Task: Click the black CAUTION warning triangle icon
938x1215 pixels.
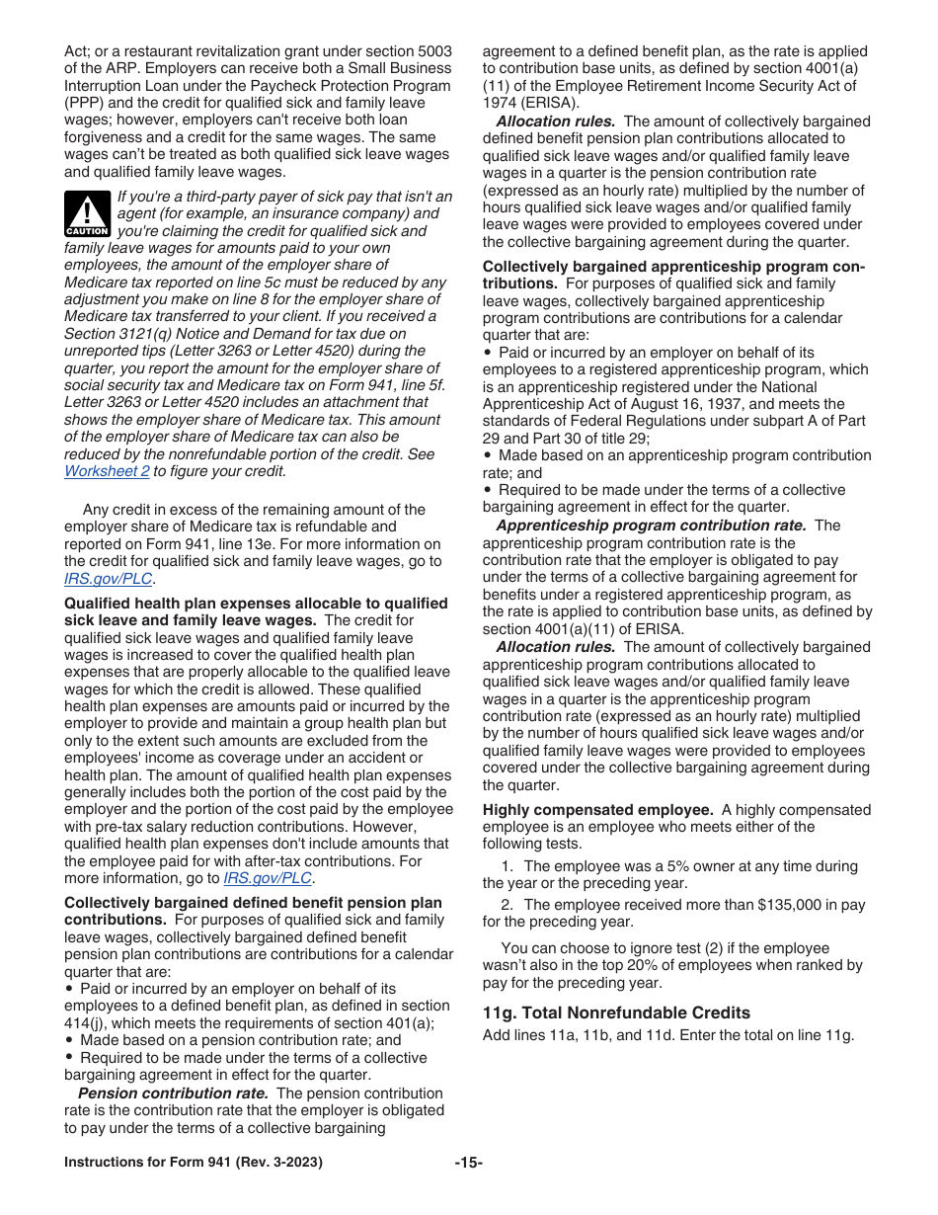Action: click(87, 213)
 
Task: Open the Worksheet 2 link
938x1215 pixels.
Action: click(107, 471)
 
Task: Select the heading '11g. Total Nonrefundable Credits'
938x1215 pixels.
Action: click(616, 1012)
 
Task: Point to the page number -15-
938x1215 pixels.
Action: click(468, 1163)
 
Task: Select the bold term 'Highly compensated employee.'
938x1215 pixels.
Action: click(597, 810)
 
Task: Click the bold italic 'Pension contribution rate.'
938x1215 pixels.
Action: click(173, 1093)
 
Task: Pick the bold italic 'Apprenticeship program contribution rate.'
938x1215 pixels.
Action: click(651, 526)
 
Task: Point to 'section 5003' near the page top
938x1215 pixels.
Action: click(409, 51)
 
